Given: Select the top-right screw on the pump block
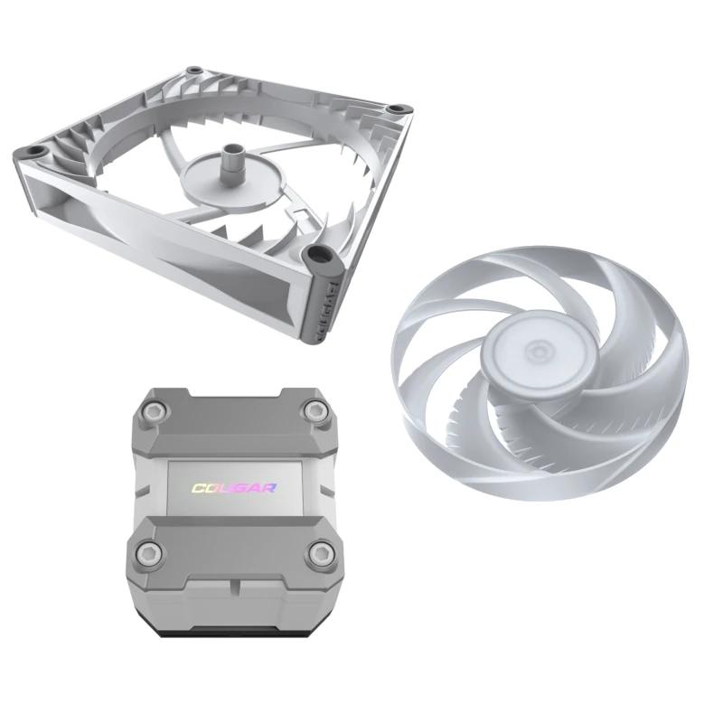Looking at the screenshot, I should pyautogui.click(x=315, y=412).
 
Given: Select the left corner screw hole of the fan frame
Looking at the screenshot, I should pyautogui.click(x=37, y=148).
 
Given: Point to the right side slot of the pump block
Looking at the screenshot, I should pyautogui.click(x=341, y=480).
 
